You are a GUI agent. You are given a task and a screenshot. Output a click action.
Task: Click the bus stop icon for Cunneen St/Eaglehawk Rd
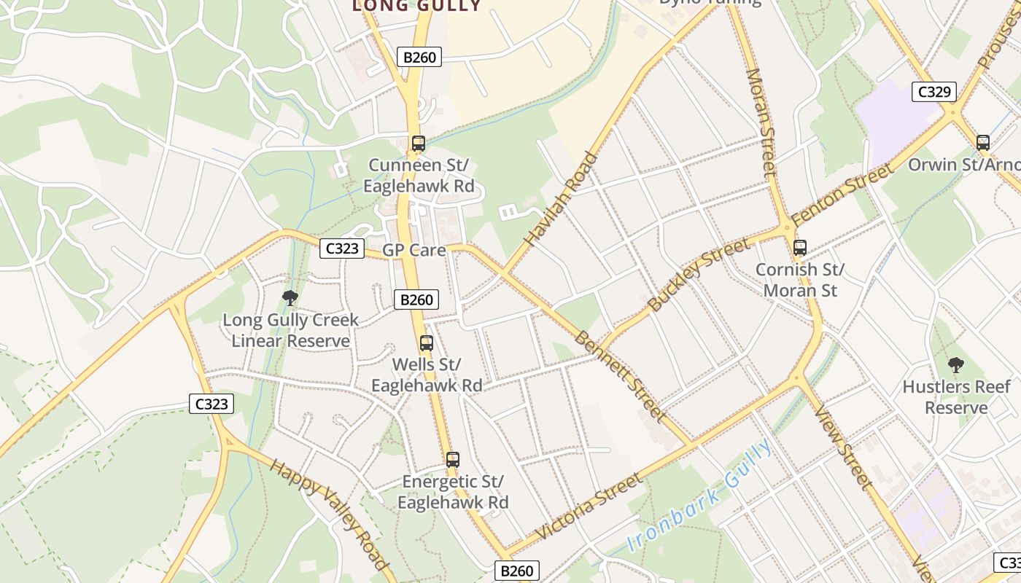point(418,144)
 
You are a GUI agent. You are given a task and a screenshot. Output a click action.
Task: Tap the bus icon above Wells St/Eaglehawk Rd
point(427,343)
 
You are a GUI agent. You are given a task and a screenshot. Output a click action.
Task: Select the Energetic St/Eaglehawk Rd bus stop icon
point(453,460)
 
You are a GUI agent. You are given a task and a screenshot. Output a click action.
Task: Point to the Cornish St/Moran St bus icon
point(800,248)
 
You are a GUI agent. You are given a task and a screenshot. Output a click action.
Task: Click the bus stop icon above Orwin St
point(983,143)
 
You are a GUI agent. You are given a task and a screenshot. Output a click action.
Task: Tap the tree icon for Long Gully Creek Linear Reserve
point(290,297)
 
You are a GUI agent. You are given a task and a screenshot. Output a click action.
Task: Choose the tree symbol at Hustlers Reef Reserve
point(955,364)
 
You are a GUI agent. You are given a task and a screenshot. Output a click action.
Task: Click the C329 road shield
point(934,92)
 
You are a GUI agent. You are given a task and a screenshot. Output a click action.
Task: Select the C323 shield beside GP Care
point(342,249)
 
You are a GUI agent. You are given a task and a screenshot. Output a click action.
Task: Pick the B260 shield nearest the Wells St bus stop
point(417,300)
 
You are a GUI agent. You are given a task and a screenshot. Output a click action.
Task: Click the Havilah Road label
point(561,198)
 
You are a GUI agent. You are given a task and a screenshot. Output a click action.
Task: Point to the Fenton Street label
point(842,195)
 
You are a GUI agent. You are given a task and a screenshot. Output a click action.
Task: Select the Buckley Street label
point(698,275)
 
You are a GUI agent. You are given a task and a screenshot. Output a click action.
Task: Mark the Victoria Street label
point(589,506)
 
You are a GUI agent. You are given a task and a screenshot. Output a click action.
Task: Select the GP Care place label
point(414,250)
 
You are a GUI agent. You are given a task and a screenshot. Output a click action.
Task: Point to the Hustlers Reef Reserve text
point(956,397)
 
